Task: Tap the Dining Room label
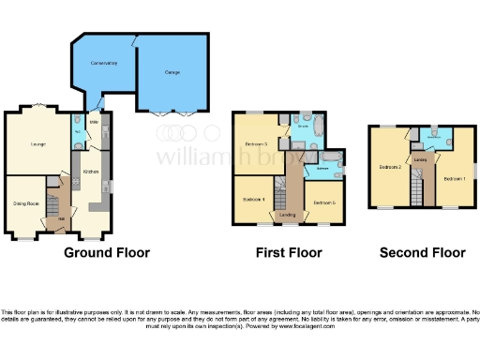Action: point(25,202)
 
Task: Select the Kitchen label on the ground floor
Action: point(91,172)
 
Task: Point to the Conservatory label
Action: point(103,63)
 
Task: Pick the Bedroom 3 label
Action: point(258,143)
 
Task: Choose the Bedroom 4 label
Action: point(254,200)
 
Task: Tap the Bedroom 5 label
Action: point(324,202)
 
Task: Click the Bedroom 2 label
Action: point(390,167)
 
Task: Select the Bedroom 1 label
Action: point(454,177)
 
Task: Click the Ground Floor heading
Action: point(106,252)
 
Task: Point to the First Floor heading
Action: point(289,252)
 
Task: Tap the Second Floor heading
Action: point(422,252)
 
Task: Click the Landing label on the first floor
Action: point(288,215)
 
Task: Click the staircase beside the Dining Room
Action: point(54,201)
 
